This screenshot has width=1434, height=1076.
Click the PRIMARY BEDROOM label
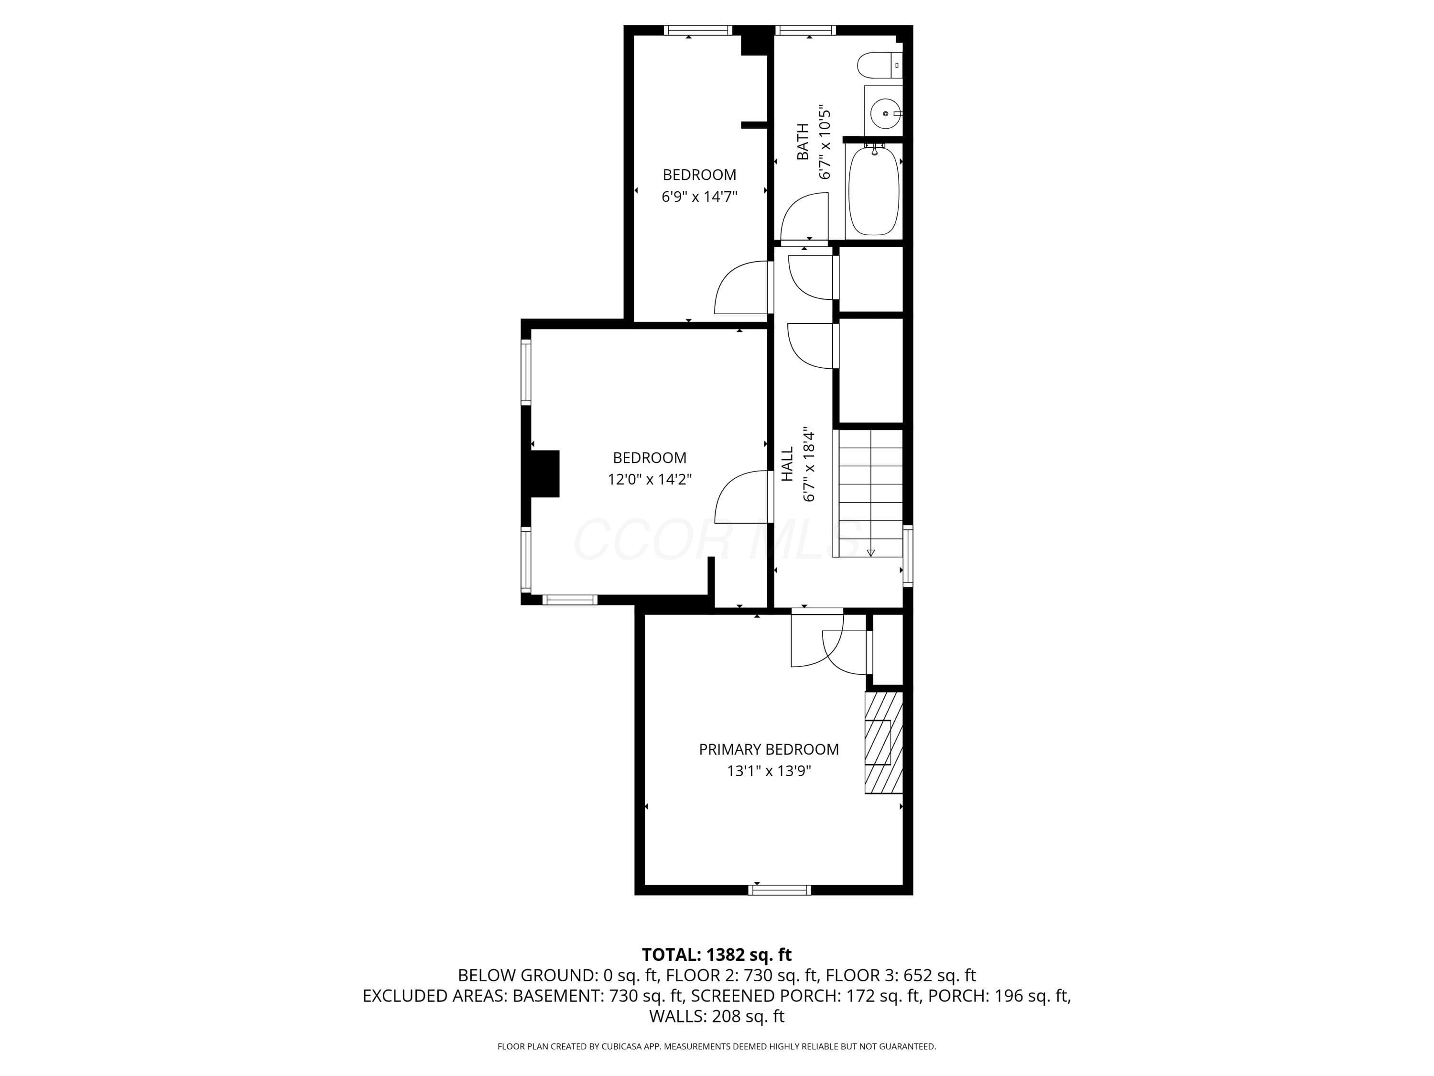pos(769,749)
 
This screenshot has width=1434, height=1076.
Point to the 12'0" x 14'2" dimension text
pos(650,479)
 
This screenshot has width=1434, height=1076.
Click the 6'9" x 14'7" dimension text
pos(699,197)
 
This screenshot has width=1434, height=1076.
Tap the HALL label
pos(787,464)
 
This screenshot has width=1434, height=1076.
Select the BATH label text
pos(803,142)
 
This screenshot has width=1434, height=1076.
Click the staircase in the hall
pos(869,493)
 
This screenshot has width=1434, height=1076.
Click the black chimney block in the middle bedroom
pos(544,473)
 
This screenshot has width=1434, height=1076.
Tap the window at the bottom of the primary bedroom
pos(779,890)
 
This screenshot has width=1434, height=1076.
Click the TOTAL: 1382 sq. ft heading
pos(717,954)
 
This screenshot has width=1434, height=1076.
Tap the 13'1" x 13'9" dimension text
pos(769,771)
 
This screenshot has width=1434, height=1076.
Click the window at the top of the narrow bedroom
pos(698,30)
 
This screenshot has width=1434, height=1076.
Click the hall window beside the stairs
pos(908,556)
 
